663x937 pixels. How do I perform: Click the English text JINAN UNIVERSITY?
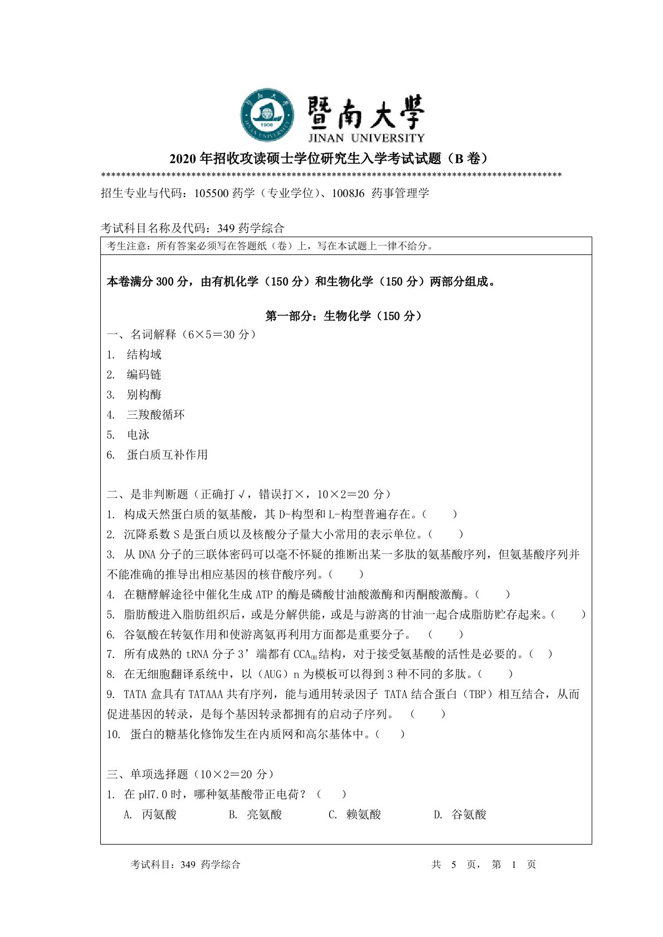click(366, 138)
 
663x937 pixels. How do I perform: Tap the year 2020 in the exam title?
click(183, 159)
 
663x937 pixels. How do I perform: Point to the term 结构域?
click(144, 355)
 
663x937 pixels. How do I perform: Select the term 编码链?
click(144, 375)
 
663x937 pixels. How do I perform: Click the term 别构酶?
click(144, 395)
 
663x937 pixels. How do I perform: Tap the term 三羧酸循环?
click(155, 415)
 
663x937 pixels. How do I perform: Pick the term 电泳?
click(138, 435)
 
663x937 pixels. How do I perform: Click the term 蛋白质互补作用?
click(167, 455)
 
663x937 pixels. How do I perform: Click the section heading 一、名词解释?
click(142, 335)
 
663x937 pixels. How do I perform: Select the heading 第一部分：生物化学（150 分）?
click(344, 316)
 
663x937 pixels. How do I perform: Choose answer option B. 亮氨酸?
click(256, 815)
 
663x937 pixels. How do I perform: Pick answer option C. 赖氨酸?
click(355, 815)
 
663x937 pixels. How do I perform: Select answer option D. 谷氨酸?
click(460, 815)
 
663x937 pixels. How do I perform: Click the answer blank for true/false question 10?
click(390, 734)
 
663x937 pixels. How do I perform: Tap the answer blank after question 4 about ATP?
click(493, 595)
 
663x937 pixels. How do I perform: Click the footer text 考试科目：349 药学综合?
click(186, 865)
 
